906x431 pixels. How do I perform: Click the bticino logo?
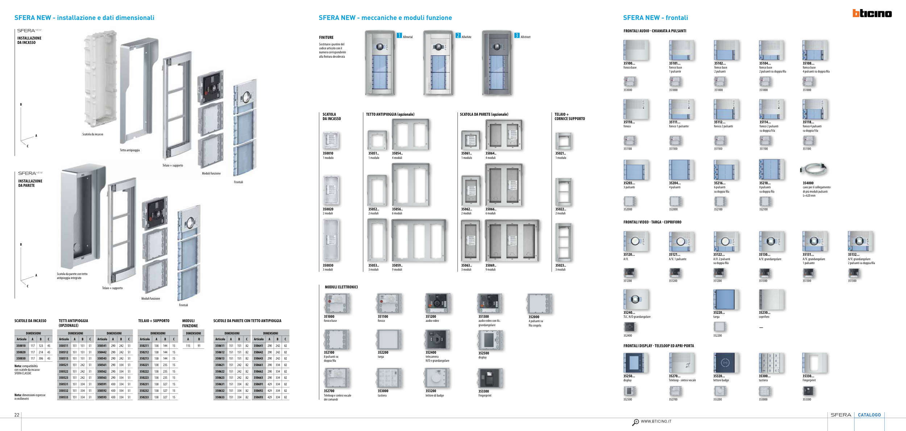click(872, 13)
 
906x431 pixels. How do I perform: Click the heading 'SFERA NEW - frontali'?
click(655, 18)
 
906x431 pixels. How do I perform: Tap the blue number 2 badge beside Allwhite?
click(458, 36)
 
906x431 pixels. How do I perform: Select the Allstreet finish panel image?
click(497, 63)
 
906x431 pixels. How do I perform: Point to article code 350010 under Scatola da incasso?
click(328, 153)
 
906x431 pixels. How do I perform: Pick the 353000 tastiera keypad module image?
click(388, 378)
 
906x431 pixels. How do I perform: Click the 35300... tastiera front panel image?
click(771, 363)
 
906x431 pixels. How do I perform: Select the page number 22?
click(17, 415)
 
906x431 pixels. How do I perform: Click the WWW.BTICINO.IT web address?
click(656, 422)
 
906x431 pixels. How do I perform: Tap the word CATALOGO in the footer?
click(869, 415)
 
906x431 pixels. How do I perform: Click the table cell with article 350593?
click(102, 397)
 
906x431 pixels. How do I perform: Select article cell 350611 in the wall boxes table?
click(220, 346)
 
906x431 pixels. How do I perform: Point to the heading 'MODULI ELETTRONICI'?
click(341, 287)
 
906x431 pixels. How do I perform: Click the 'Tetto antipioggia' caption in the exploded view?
click(130, 150)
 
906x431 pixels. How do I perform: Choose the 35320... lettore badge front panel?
click(725, 363)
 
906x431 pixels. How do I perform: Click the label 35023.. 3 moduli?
click(561, 267)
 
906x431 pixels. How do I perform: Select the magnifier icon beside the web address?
click(635, 422)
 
